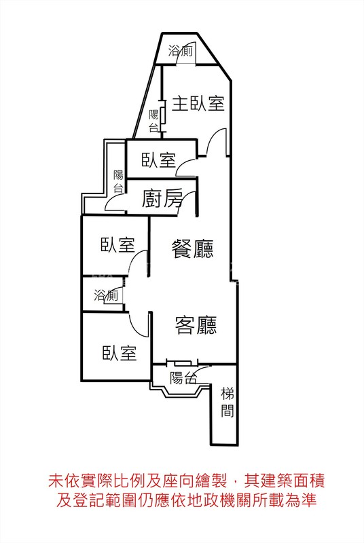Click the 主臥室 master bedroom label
[x=198, y=104]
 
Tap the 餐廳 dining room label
[x=193, y=248]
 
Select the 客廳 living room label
[x=196, y=325]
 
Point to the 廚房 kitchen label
[x=162, y=198]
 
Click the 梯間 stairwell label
[x=227, y=402]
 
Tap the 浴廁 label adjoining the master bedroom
[x=181, y=51]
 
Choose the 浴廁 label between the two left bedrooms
[x=106, y=295]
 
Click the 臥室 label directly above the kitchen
[x=159, y=160]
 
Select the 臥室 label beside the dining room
[x=117, y=244]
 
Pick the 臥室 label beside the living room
[x=119, y=353]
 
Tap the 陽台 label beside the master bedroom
[x=153, y=121]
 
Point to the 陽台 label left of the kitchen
[x=118, y=181]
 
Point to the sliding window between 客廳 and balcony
[x=183, y=363]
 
